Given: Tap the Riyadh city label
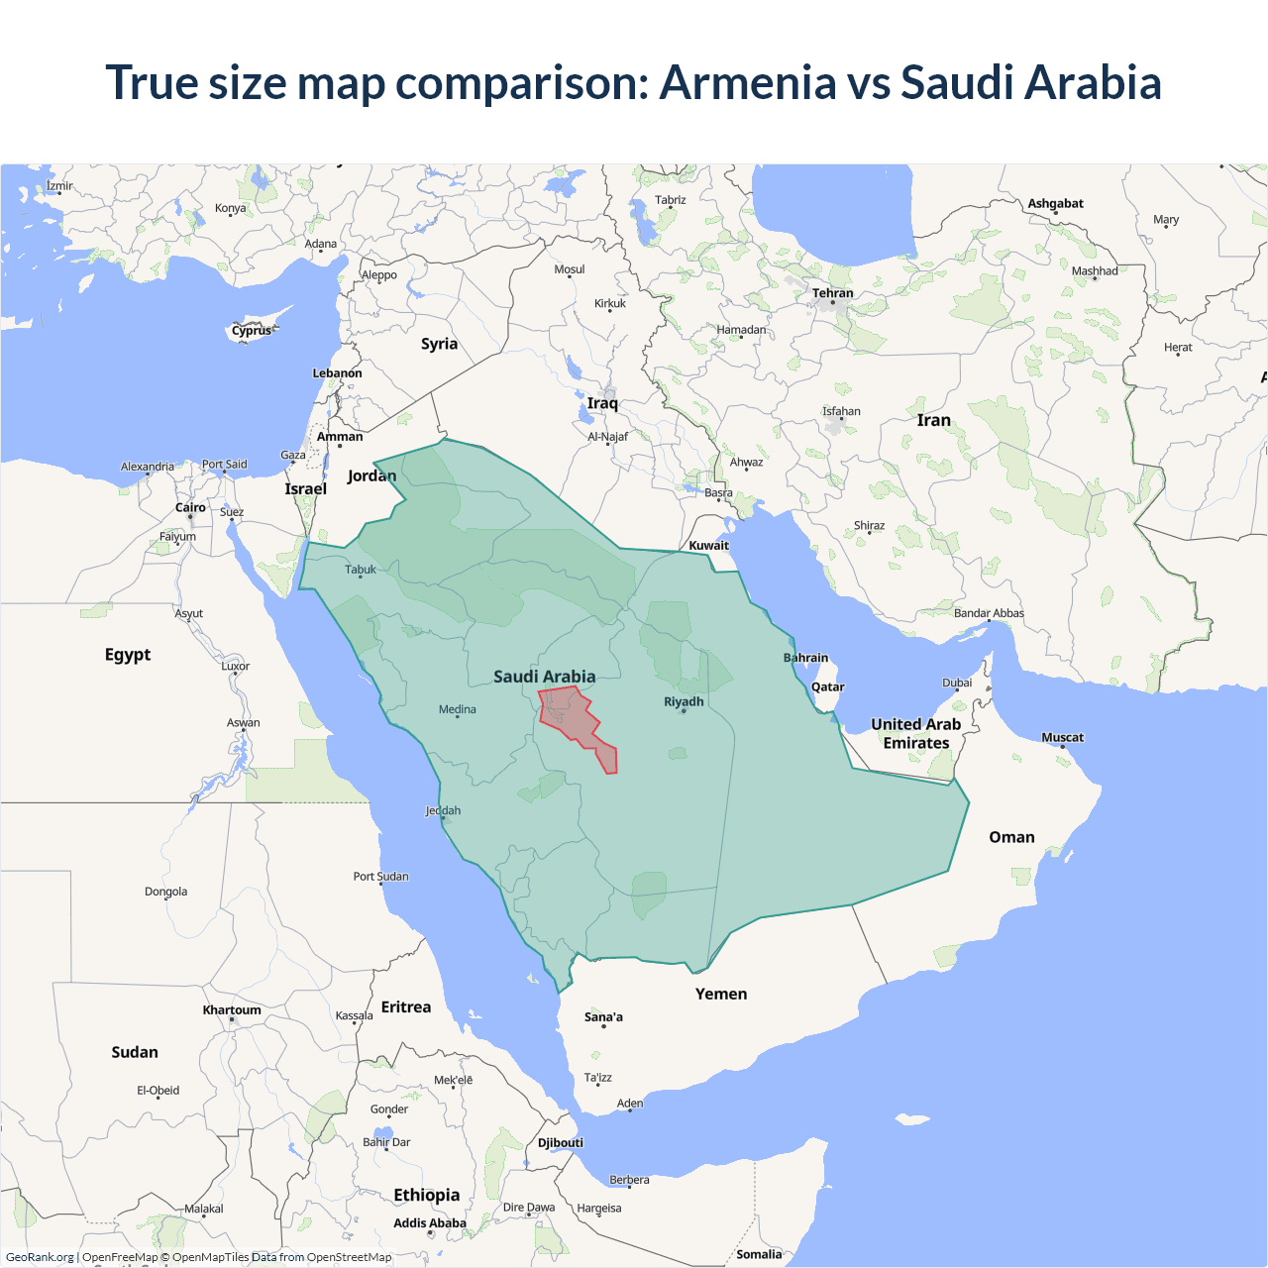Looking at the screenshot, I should [x=684, y=701].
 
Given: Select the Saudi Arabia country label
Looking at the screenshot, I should [x=544, y=677].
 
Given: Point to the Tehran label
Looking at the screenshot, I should [x=832, y=293].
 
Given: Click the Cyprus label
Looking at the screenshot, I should [x=252, y=331].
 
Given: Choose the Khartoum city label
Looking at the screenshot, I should [x=232, y=1010].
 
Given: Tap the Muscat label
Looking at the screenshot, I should [x=1062, y=737].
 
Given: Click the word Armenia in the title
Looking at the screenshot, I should [x=748, y=82].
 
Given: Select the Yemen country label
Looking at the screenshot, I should [x=721, y=994].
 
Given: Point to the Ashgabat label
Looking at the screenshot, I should [x=1055, y=203].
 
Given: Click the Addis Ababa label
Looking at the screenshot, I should [x=429, y=1223].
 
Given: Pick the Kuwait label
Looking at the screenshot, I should [x=708, y=545].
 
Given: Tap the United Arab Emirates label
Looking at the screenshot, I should [x=915, y=734].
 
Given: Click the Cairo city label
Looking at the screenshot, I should [x=190, y=507].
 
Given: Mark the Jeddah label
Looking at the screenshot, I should [x=443, y=810].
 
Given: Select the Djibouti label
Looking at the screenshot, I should [x=561, y=1142].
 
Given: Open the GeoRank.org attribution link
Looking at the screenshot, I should [x=40, y=1257].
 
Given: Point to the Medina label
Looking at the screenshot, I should [x=457, y=709].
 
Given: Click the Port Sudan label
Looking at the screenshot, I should [x=380, y=877].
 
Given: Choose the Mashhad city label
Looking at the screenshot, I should [x=1094, y=270].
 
